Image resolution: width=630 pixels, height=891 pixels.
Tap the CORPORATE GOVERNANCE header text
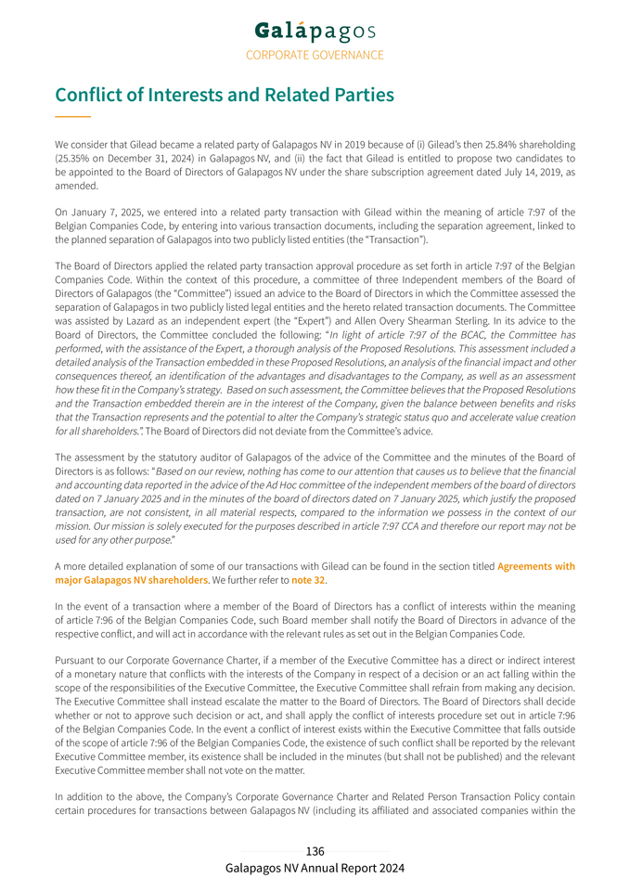[315, 55]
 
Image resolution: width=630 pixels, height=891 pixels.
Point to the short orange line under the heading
[72, 116]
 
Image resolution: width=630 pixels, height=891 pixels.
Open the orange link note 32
[308, 580]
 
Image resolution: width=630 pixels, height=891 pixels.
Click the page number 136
[315, 851]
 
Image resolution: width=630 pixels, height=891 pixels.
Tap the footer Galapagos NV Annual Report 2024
[315, 868]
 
